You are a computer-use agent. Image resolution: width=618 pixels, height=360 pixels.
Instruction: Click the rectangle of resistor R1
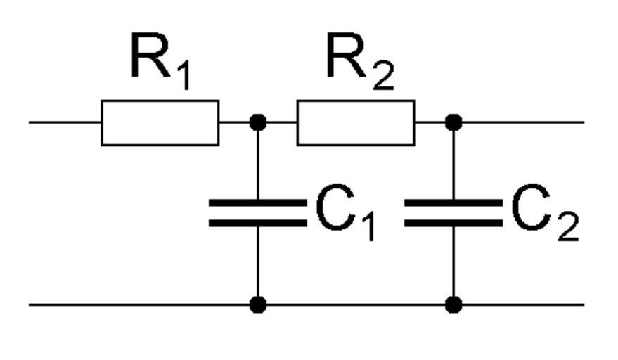coord(160,123)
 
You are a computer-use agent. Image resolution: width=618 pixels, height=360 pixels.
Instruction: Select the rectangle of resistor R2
coord(355,123)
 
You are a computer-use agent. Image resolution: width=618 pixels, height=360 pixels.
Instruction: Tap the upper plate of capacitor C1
coord(258,202)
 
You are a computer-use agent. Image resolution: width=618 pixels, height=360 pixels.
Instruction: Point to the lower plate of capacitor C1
coord(258,223)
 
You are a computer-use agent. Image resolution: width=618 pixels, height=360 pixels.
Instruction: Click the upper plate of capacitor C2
coord(453,202)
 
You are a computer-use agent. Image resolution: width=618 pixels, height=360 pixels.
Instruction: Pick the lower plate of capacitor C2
coord(453,223)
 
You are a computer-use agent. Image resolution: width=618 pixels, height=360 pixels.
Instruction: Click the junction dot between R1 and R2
coord(258,122)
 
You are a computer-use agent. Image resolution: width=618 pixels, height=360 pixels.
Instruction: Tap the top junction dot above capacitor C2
coord(453,122)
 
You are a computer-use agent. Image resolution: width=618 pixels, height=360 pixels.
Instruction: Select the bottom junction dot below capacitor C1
coord(258,304)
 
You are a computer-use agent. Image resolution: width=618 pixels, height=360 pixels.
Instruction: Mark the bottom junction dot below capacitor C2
coord(453,304)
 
